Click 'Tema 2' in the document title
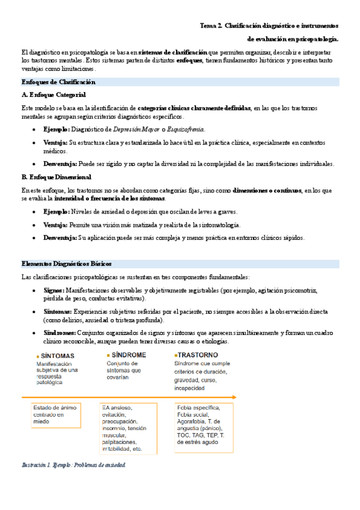click(211, 26)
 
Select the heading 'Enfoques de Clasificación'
click(58, 82)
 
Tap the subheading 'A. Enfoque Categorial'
click(53, 95)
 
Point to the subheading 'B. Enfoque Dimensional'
click(56, 177)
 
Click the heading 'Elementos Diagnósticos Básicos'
click(66, 264)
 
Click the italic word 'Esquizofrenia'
click(188, 129)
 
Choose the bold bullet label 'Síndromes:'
click(59, 333)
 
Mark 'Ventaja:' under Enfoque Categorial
click(56, 143)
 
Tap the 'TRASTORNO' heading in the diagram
click(197, 355)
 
